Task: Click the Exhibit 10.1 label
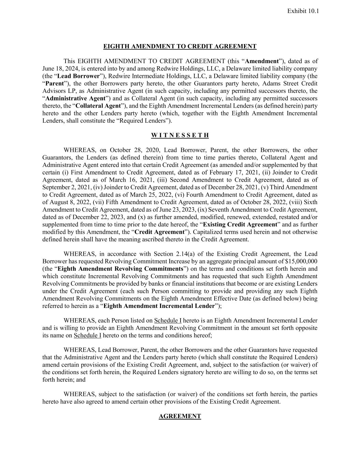coord(303,11)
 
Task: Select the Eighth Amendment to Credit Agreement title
coord(180,46)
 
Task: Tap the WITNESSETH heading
coord(180,136)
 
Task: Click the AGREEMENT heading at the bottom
coord(180,416)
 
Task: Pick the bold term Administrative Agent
coord(75,98)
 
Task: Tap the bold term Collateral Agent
coord(95,106)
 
